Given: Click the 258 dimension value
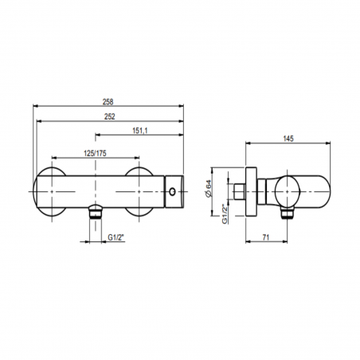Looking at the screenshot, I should (x=108, y=102).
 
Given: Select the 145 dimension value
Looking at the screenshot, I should (x=288, y=140).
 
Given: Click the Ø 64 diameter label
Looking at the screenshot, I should (x=208, y=188).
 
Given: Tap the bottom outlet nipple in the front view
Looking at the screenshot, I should (x=96, y=213).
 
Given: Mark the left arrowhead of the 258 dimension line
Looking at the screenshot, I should (x=35, y=108).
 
